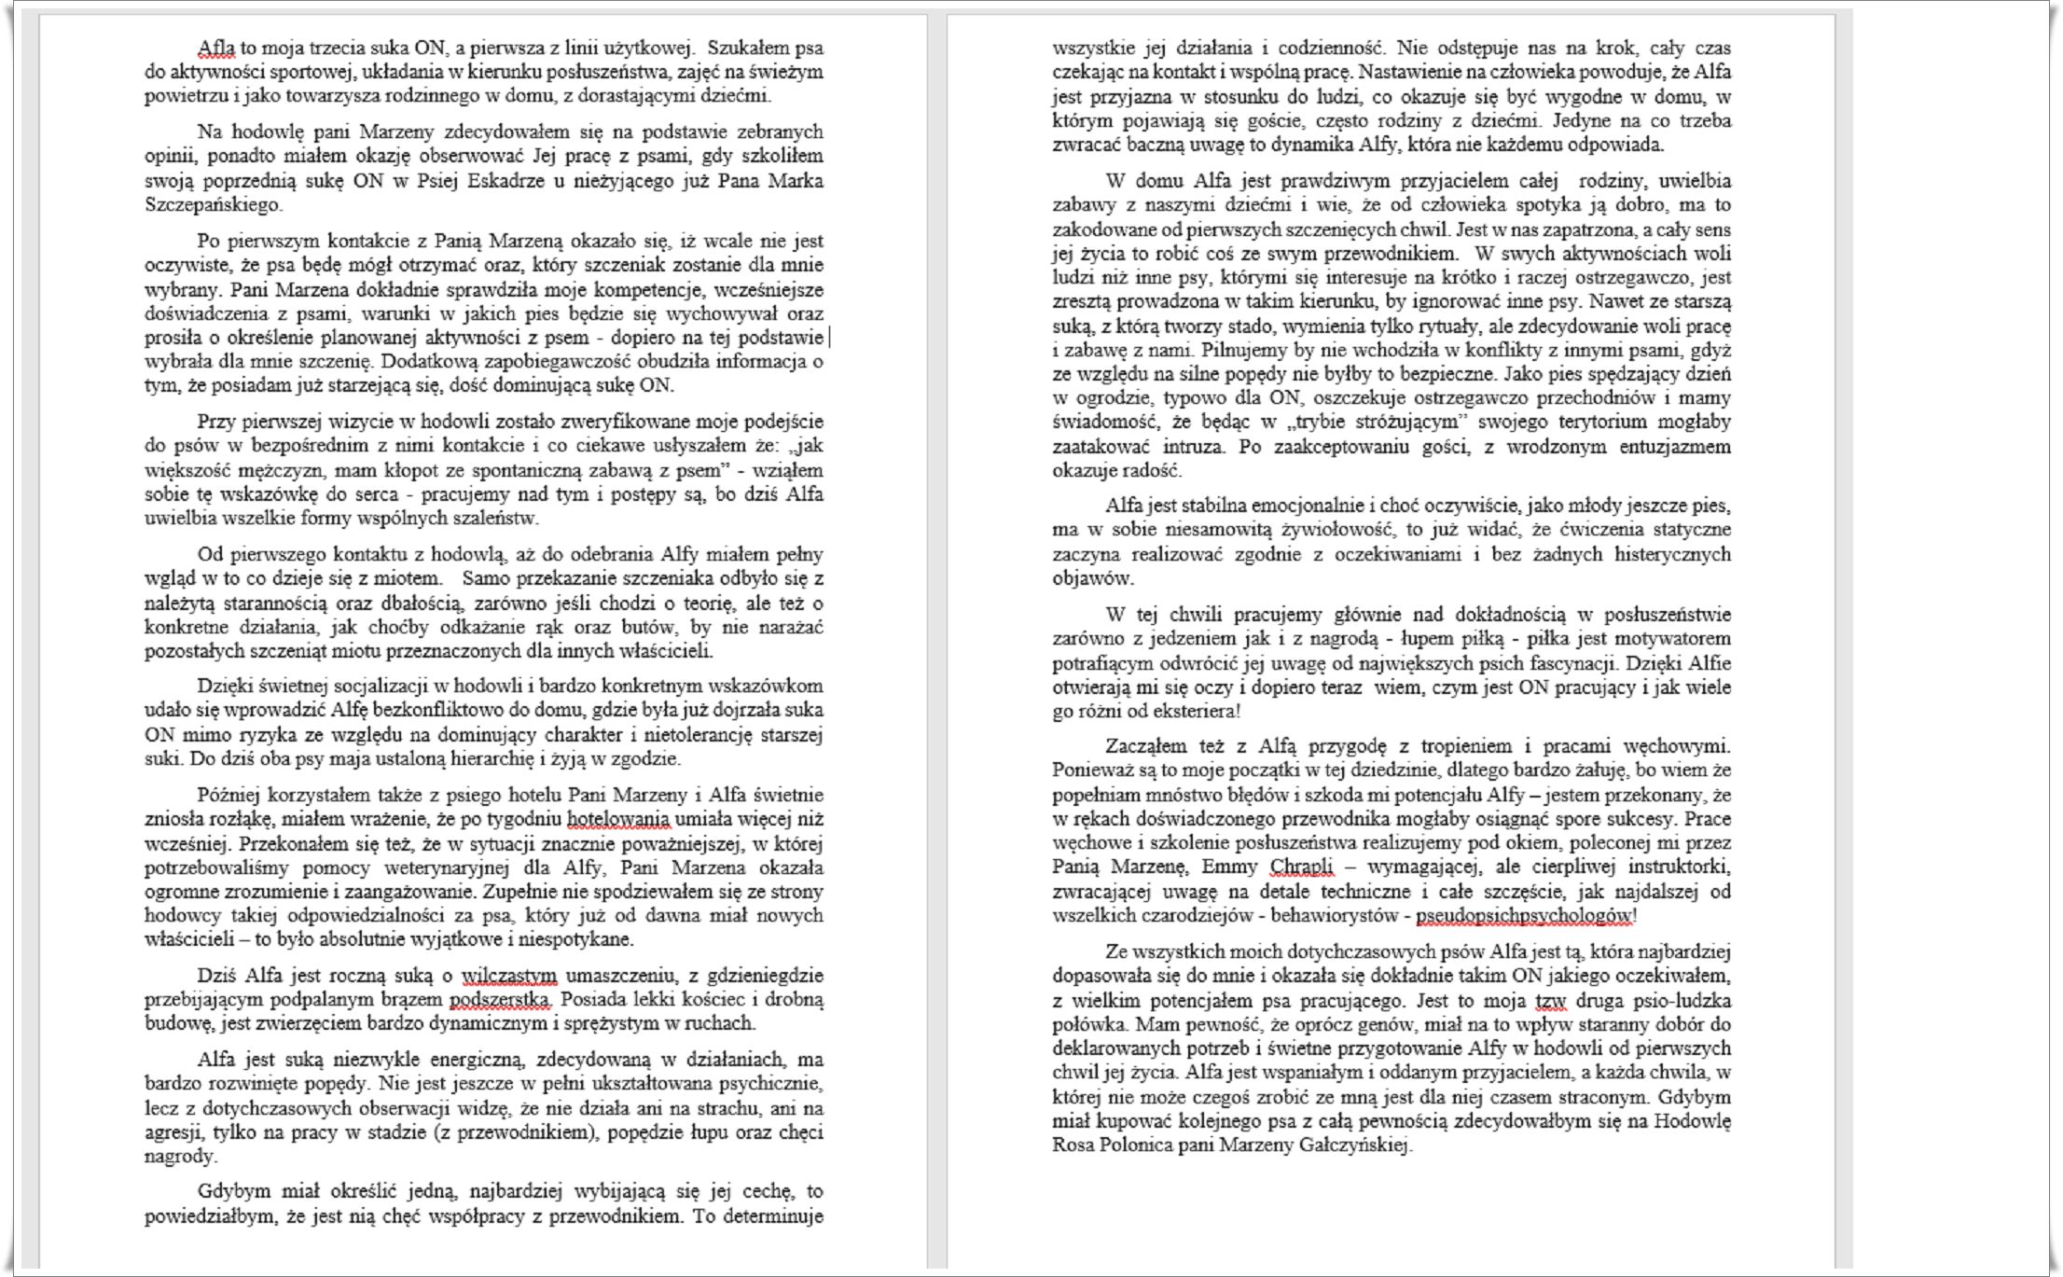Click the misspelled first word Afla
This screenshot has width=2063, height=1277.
click(216, 48)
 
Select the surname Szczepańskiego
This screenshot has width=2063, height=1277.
click(213, 204)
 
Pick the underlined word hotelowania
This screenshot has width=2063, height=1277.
click(618, 819)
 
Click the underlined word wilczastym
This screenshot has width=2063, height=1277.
click(509, 976)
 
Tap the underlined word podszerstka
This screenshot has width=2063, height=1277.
click(500, 1000)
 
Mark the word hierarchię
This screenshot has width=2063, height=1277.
click(494, 758)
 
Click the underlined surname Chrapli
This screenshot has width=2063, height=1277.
click(1302, 867)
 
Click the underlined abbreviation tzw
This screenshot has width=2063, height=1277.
click(1549, 1001)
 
